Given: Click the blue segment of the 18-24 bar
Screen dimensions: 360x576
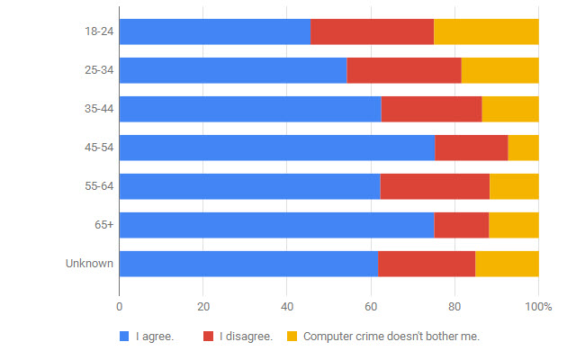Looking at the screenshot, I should coord(214,31).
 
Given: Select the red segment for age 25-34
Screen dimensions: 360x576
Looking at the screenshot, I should coord(404,70).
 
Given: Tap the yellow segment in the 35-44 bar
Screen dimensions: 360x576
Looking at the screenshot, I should coord(510,109).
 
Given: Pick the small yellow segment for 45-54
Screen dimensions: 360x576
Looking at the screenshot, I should coord(523,148).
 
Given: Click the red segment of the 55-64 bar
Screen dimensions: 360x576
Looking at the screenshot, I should coord(435,186).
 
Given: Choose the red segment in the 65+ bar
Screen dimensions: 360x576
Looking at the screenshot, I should coord(461,225).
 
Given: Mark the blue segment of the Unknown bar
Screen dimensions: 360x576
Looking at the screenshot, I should coord(247,264).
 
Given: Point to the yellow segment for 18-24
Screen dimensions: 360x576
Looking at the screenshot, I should coord(486,31).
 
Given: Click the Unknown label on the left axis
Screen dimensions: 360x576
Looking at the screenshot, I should coord(89,264).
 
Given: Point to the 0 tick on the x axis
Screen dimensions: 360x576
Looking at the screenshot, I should coord(119,307).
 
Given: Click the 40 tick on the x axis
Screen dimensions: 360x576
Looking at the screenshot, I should coord(287,307).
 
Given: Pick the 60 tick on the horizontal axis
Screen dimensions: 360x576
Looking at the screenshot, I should coord(371,307).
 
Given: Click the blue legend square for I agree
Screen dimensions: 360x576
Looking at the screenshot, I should coord(124,337).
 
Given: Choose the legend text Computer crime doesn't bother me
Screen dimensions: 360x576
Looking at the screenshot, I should coord(391,337).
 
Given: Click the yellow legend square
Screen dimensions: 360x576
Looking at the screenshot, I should coord(292,337).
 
